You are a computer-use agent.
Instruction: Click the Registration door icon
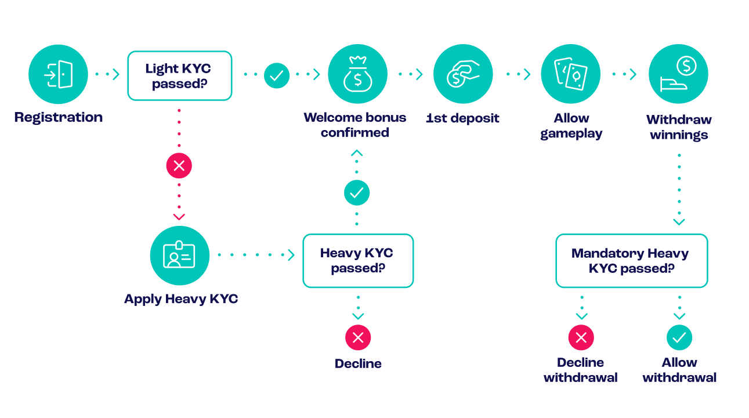58,74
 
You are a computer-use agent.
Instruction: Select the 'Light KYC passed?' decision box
179,76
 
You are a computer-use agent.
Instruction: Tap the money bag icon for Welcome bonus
357,74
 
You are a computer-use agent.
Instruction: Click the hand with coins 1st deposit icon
463,74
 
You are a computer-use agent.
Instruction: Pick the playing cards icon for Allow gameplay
570,74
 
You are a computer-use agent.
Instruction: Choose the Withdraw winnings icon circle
678,74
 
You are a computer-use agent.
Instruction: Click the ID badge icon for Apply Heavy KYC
179,255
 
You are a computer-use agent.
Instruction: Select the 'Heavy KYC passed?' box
358,261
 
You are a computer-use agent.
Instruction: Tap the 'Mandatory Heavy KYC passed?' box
631,261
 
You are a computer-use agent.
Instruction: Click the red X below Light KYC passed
179,165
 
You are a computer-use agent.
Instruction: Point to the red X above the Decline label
358,337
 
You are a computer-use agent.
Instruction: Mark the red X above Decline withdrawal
581,337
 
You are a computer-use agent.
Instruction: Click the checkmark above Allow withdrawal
679,337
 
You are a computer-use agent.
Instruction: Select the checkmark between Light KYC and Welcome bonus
277,75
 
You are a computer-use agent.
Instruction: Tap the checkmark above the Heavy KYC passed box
357,193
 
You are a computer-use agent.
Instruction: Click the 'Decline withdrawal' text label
581,370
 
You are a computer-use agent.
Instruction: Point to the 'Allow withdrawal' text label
679,370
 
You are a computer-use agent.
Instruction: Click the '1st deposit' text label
462,118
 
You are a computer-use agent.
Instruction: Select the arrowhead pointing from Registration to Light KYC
116,74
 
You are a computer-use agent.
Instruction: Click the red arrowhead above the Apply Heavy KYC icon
179,217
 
